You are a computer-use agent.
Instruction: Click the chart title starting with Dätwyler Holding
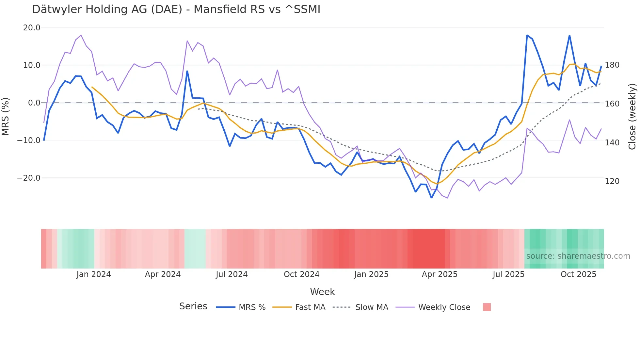(176, 9)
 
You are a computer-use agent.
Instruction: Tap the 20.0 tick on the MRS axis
(32, 28)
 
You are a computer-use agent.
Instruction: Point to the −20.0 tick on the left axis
(29, 178)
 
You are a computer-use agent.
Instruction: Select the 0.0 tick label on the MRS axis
(34, 103)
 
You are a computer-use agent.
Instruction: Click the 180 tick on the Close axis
(612, 65)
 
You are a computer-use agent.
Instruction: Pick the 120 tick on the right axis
(612, 181)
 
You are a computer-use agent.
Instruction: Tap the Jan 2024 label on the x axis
(94, 274)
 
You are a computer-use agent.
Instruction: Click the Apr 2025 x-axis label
(440, 274)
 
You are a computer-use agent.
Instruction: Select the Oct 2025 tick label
(578, 274)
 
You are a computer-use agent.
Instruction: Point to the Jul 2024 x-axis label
(232, 274)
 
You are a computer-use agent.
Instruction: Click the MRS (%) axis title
(5, 117)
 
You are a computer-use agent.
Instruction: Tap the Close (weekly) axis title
(632, 117)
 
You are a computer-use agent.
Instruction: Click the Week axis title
(322, 292)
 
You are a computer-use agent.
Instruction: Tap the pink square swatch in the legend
(487, 307)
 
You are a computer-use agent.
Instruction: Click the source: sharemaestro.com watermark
(578, 256)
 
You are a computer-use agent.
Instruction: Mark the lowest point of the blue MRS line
(431, 198)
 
